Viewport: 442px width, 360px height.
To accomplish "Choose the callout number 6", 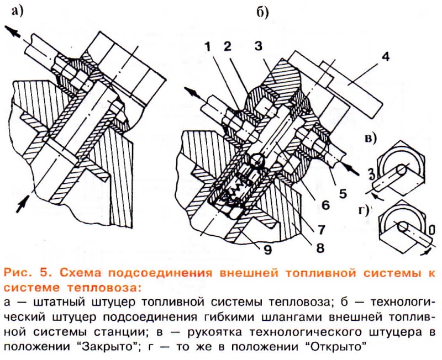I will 325,205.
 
